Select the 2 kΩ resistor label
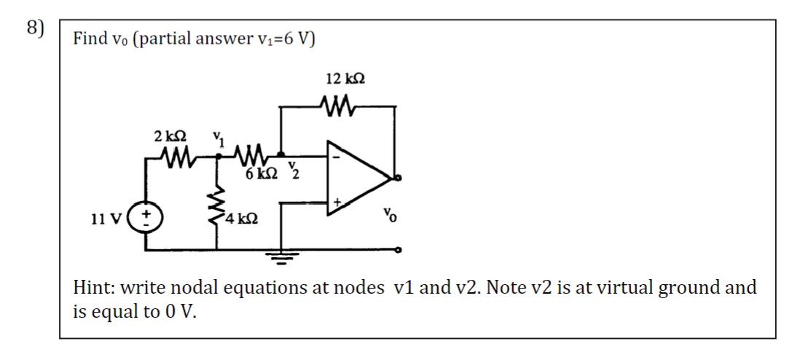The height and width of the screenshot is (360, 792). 169,136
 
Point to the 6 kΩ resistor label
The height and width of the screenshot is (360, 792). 259,174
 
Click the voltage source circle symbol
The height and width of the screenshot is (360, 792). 145,217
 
